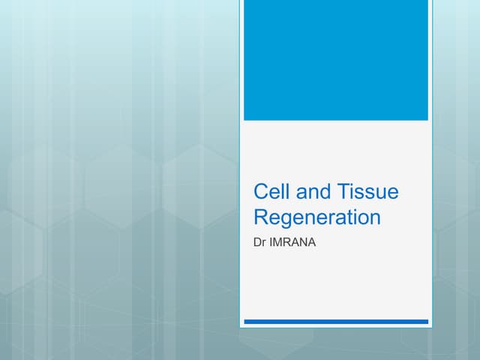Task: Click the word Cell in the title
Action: (x=271, y=193)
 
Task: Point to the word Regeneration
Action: (x=317, y=218)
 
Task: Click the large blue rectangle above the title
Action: (x=336, y=60)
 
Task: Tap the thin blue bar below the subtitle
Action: (x=336, y=321)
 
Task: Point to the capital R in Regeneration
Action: (x=261, y=217)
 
